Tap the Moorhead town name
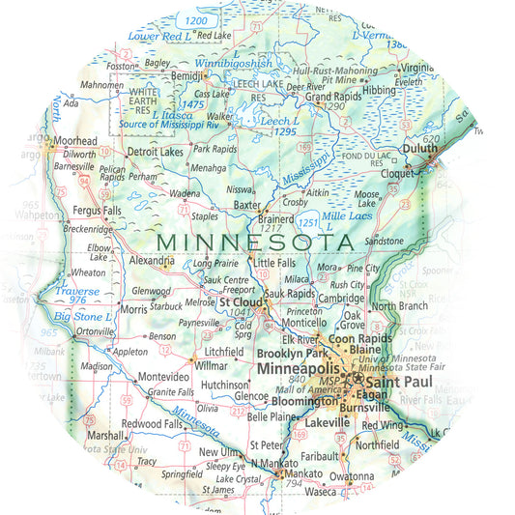[x=75, y=141]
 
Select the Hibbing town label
[x=379, y=89]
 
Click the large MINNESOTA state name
[x=254, y=240]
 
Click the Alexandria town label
[x=151, y=261]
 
